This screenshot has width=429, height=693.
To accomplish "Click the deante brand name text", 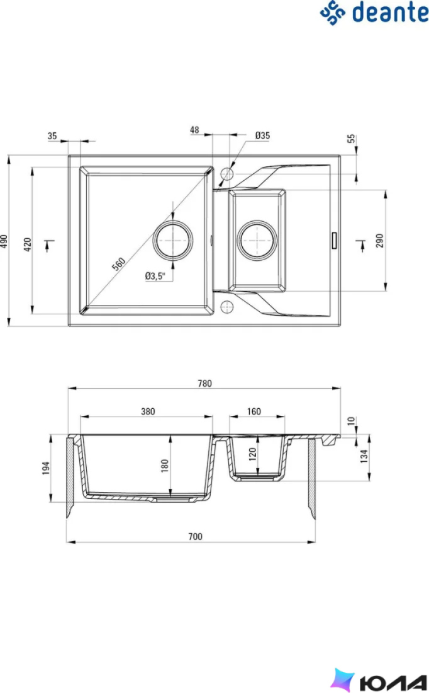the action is click(x=390, y=13).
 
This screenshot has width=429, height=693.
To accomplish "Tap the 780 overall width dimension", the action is click(x=204, y=383).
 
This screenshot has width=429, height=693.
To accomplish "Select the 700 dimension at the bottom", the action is click(x=195, y=536).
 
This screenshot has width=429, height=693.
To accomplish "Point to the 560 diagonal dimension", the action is click(x=119, y=264).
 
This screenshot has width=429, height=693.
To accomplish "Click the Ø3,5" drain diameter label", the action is click(x=155, y=276).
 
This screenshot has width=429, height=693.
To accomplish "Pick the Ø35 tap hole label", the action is click(x=262, y=135).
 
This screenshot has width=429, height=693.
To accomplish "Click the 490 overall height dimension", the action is click(x=4, y=241).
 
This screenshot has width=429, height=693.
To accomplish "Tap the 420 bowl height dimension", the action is click(x=28, y=244).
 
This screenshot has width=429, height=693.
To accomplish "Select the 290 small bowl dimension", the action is click(x=379, y=241).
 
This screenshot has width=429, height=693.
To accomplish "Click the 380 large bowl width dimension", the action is click(x=148, y=411).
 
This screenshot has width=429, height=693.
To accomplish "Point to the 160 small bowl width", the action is click(x=253, y=411).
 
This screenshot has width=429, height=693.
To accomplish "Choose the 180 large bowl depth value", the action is click(x=165, y=466).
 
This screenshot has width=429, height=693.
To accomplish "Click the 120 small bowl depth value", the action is click(x=252, y=454).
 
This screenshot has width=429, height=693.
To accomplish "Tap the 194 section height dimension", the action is click(x=46, y=468).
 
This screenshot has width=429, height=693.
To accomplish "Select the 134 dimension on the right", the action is click(x=364, y=455).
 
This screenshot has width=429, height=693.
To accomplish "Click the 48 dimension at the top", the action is click(x=194, y=130).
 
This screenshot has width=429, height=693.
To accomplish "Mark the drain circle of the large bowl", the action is click(x=173, y=241).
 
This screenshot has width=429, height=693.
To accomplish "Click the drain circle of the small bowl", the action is click(x=257, y=241).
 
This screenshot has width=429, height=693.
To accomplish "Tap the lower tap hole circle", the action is click(x=226, y=306).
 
